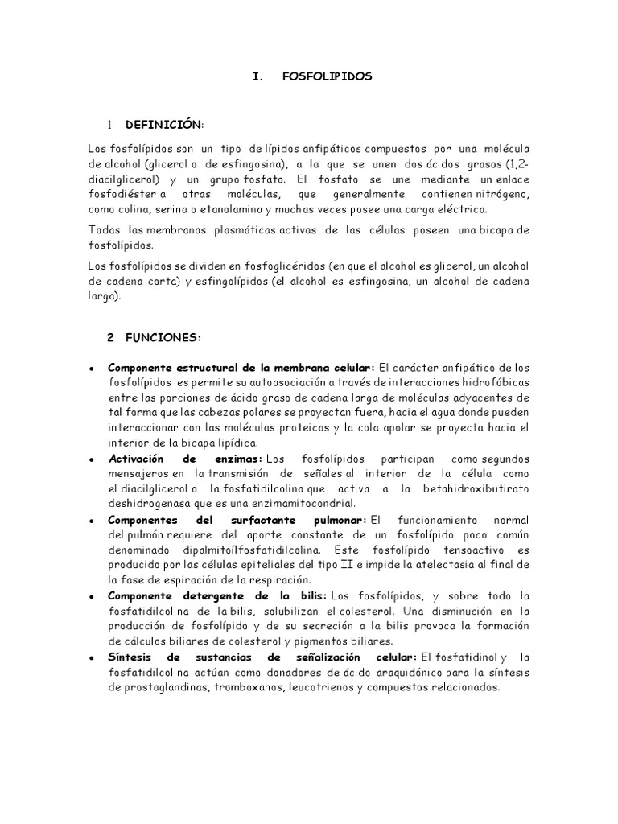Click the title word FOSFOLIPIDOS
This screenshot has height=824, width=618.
(x=328, y=76)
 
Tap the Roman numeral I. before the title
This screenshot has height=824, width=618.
(x=258, y=76)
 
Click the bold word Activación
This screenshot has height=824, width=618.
(x=138, y=459)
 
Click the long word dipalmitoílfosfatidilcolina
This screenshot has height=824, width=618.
(x=237, y=550)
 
